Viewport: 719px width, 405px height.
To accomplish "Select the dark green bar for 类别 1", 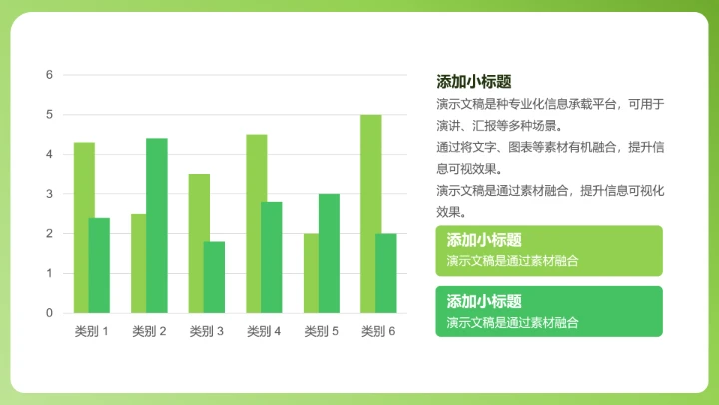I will (99, 265).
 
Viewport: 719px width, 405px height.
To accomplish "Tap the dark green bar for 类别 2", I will (157, 225).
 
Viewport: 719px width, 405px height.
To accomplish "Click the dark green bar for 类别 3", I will (214, 277).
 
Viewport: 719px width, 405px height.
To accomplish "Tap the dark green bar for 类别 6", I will (386, 273).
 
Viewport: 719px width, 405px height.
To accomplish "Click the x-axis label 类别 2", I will (149, 331).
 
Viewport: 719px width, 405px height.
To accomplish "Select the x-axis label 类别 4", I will (264, 331).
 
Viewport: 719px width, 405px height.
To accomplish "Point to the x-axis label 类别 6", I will (378, 331).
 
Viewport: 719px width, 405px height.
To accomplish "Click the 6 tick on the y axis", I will (49, 75).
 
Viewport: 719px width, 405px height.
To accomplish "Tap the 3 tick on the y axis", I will (49, 194).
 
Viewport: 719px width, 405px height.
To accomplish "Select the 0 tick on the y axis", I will (49, 313).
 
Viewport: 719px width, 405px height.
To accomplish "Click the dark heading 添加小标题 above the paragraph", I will (473, 82).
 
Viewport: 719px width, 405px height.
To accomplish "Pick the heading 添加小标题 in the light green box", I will (484, 240).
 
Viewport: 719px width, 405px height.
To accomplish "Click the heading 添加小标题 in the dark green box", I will (484, 301).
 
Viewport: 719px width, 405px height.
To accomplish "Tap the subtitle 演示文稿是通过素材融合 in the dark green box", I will (513, 322).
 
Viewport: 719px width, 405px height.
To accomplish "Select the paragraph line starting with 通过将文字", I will (550, 147).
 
